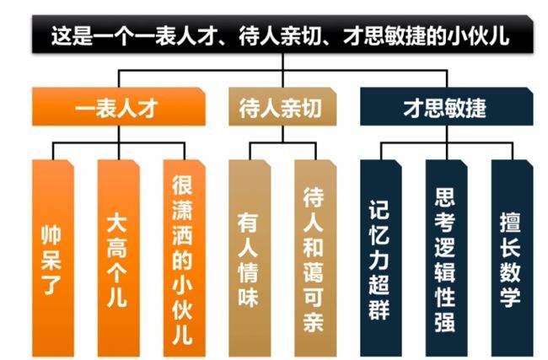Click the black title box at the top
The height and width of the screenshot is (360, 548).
(274, 35)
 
